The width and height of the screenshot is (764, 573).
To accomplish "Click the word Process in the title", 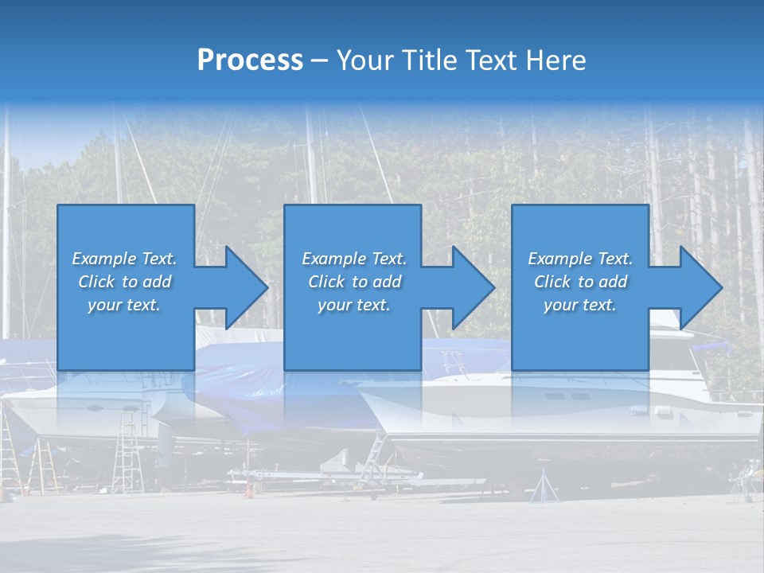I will point(250,60).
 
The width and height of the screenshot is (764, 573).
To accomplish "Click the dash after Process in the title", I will point(319,60).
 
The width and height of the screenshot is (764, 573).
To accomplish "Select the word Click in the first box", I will point(97,282).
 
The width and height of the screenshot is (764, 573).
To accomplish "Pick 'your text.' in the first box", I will point(124,305).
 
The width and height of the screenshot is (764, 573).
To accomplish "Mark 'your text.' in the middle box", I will point(354,305).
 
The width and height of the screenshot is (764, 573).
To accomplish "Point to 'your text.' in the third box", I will point(580,305).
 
